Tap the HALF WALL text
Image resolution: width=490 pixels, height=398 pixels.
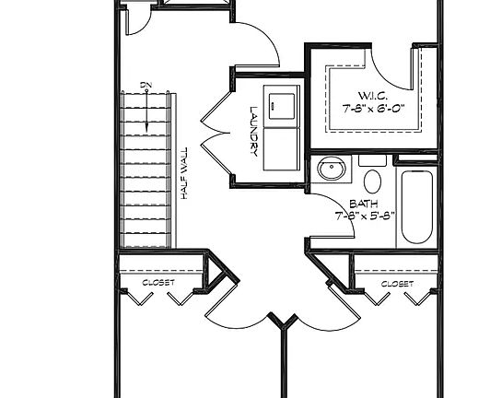[185, 174]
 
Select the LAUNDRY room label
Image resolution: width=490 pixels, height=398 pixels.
[253, 130]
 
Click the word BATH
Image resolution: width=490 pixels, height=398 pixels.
[362, 206]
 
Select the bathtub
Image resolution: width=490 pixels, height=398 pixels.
[417, 206]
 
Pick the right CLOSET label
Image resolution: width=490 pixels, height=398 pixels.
[396, 284]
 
